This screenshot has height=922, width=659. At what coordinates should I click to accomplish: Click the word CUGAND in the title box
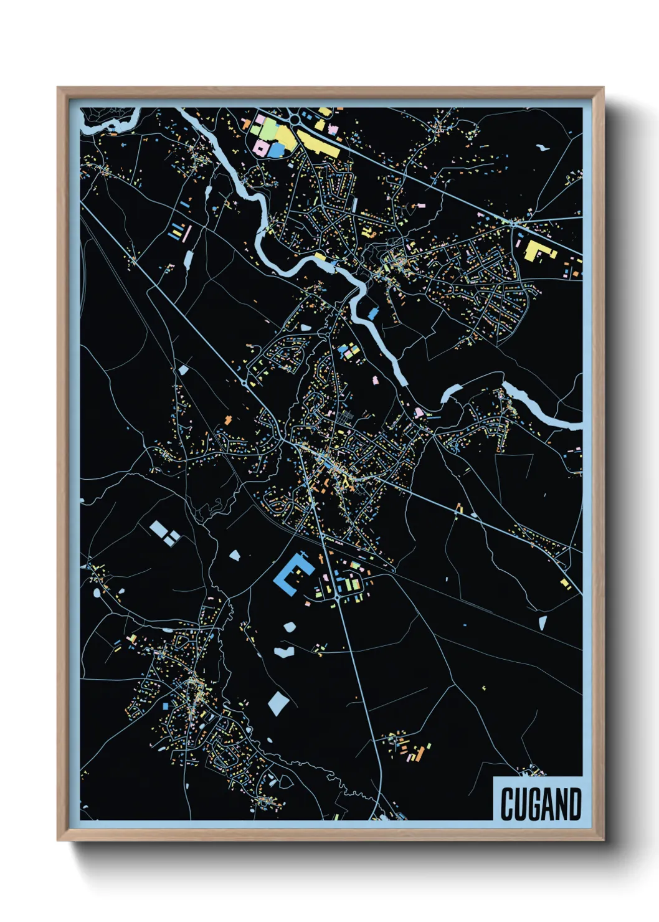click(540, 804)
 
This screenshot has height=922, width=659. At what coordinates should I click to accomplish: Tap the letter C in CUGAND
click(507, 804)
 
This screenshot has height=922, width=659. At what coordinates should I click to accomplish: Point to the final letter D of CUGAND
click(574, 804)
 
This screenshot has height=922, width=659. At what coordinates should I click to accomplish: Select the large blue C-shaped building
click(290, 576)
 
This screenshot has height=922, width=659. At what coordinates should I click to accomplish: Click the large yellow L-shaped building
click(538, 251)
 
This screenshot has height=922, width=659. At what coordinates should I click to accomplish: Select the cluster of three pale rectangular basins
click(164, 534)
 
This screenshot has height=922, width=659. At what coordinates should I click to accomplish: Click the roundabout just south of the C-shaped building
click(336, 598)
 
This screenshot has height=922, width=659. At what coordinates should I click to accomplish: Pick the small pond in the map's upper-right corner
click(543, 148)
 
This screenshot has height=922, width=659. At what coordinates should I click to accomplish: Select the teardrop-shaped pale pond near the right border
click(542, 622)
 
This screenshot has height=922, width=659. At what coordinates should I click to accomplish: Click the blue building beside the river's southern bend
click(373, 313)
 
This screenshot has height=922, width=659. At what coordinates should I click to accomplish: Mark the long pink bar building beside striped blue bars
click(187, 234)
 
